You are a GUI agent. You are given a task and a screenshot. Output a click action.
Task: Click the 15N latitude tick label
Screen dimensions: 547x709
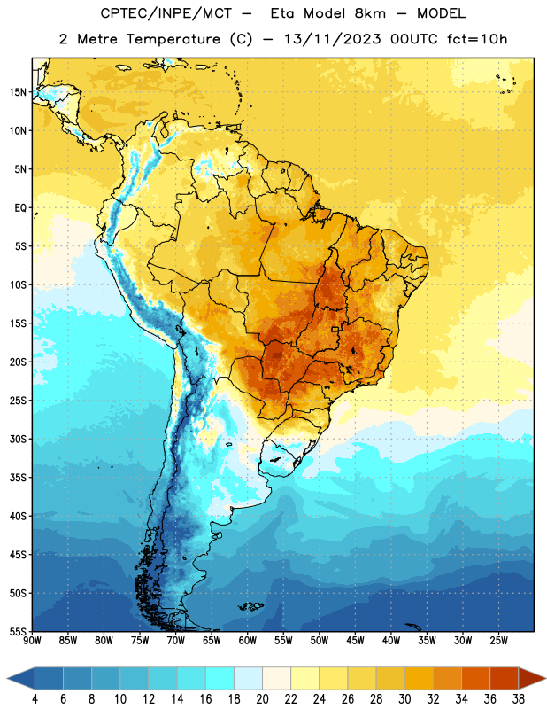point(18,92)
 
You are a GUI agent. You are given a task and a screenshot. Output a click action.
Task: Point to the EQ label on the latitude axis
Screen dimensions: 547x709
point(20,208)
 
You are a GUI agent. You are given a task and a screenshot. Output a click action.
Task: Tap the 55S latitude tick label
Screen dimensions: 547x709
point(18,631)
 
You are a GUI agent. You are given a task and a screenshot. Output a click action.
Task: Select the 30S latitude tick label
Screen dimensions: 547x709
point(18,439)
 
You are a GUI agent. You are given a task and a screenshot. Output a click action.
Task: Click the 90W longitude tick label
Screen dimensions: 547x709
point(32,641)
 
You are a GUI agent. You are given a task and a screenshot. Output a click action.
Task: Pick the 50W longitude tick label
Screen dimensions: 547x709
point(320,641)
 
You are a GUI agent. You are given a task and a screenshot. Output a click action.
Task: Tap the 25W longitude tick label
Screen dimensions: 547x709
point(498,641)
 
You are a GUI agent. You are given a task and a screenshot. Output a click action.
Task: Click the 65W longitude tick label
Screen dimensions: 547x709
point(212,641)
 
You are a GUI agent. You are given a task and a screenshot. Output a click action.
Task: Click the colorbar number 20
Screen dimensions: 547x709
point(262,699)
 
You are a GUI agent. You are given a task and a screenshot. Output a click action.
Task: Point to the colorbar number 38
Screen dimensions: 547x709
point(519,699)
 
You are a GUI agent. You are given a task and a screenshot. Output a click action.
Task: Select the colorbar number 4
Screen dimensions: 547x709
point(35,699)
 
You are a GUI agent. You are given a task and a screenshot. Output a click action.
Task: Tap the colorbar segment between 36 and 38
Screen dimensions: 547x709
point(505,679)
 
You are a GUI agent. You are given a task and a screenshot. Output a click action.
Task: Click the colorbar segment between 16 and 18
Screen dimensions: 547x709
point(220,679)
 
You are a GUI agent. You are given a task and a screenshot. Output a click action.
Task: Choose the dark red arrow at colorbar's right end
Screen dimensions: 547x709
point(532,679)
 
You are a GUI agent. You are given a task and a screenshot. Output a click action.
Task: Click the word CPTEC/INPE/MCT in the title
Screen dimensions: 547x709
point(166,13)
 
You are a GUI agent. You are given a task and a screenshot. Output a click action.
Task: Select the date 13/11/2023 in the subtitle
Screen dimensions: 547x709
point(333,39)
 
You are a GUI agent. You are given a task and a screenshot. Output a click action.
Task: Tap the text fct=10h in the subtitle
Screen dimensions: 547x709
point(477,39)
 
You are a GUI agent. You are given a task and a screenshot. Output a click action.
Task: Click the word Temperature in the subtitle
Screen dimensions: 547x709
point(173,39)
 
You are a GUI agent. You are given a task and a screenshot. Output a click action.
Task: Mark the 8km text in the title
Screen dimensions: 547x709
point(370,13)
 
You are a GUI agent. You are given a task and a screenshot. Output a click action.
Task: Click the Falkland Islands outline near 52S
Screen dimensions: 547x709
point(250,606)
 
